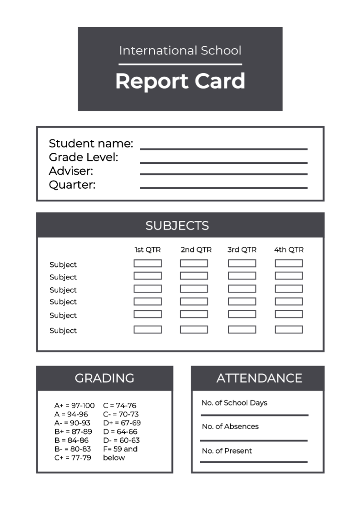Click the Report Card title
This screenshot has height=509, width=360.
(180, 81)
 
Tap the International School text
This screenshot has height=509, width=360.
(180, 50)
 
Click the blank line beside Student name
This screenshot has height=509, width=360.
(223, 149)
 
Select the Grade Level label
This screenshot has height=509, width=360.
(83, 157)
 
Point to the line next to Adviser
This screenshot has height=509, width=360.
(223, 174)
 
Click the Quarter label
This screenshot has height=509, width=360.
(72, 185)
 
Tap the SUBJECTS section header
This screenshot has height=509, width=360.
(177, 225)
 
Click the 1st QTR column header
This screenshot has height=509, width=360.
(148, 250)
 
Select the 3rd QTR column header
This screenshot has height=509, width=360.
(242, 250)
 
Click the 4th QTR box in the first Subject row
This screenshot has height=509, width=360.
(289, 263)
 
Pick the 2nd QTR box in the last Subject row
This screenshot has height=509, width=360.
(194, 329)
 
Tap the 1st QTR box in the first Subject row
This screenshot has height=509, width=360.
(148, 263)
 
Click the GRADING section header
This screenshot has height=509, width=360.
(104, 378)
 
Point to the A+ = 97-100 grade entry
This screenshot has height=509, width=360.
(74, 406)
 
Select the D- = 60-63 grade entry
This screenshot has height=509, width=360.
(121, 440)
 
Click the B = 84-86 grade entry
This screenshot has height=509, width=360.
(72, 440)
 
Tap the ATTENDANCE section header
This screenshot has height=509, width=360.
(259, 378)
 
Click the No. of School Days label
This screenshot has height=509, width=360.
(234, 403)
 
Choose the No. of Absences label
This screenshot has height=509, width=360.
(230, 426)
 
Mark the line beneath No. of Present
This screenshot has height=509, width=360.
(254, 462)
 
